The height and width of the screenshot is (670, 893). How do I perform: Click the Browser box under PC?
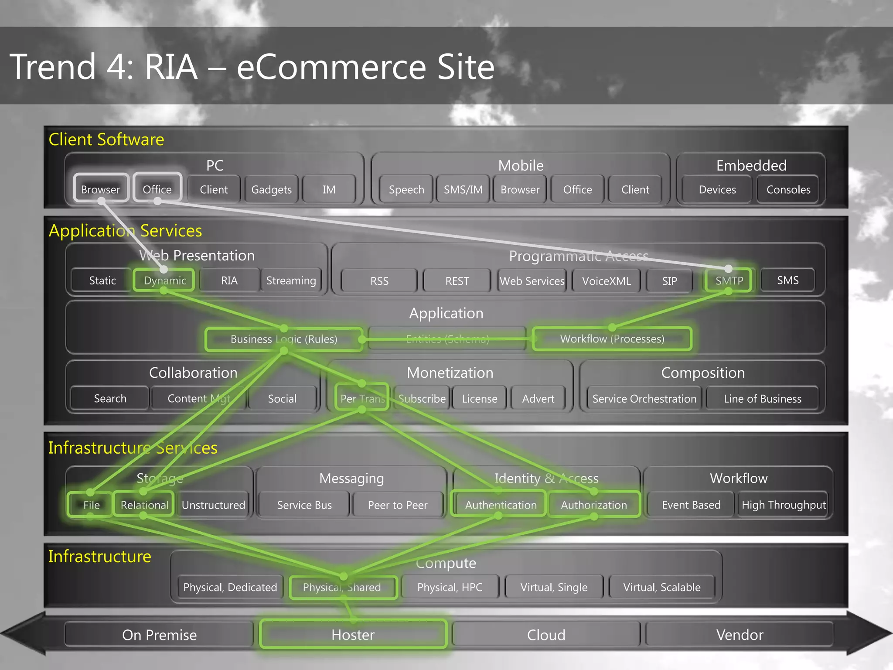[x=101, y=189]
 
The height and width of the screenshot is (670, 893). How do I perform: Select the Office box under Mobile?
[x=577, y=189]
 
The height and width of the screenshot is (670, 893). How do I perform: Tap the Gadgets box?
[x=271, y=189]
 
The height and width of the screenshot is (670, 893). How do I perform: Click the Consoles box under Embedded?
[x=788, y=189]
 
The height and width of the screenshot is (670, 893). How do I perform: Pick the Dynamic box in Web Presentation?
[x=165, y=280]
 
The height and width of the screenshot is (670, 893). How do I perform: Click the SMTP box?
[x=729, y=280]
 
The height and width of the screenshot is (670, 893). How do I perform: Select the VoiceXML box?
[x=606, y=281]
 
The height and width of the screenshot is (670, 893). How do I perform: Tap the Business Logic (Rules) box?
[x=284, y=339]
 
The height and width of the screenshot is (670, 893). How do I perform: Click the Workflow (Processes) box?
[x=612, y=339]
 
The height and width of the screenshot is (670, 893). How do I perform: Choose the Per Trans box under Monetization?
[x=362, y=398]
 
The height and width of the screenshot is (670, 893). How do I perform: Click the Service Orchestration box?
[x=644, y=399]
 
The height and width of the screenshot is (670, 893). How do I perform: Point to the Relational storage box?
[x=144, y=505]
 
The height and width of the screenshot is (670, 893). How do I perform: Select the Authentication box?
[x=501, y=505]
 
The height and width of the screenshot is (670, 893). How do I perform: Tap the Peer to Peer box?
[x=398, y=505]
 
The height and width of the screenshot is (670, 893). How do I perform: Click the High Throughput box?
[x=784, y=505]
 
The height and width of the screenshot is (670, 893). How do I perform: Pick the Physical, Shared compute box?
[x=342, y=587]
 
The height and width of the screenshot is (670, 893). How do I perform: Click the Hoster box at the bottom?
[x=353, y=635]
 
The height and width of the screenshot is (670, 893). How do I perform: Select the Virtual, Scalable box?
[x=661, y=587]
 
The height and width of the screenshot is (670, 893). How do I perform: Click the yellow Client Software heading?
[x=106, y=140]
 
